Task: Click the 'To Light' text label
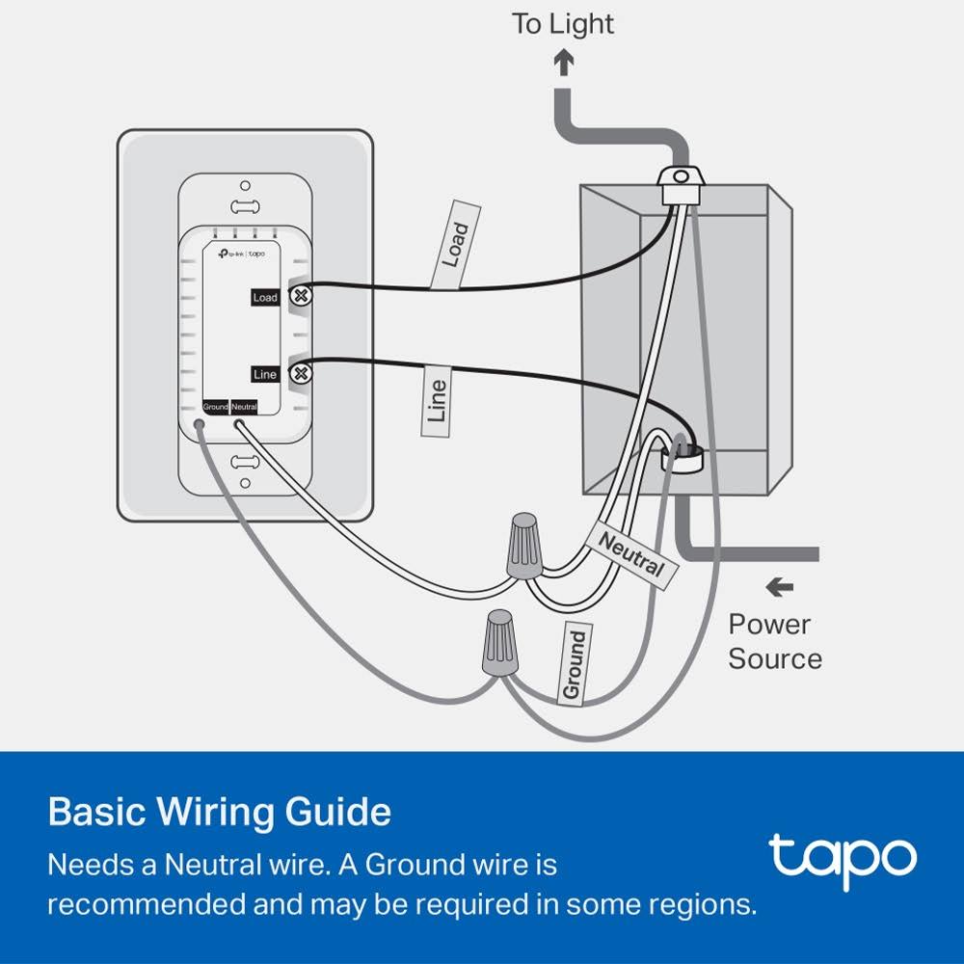pyautogui.click(x=563, y=25)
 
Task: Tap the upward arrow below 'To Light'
pyautogui.click(x=564, y=64)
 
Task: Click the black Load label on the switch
pyautogui.click(x=265, y=297)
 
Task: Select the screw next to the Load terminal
pyautogui.click(x=301, y=296)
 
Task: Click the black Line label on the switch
pyautogui.click(x=265, y=373)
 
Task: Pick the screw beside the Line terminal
pyautogui.click(x=301, y=372)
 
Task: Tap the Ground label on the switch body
pyautogui.click(x=215, y=407)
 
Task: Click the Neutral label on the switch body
pyautogui.click(x=244, y=407)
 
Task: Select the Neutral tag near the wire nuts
pyautogui.click(x=631, y=554)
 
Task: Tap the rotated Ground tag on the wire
pyautogui.click(x=574, y=664)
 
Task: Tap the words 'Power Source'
pyautogui.click(x=775, y=642)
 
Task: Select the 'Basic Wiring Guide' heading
pyautogui.click(x=220, y=812)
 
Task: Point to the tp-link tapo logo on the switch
pyautogui.click(x=243, y=254)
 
